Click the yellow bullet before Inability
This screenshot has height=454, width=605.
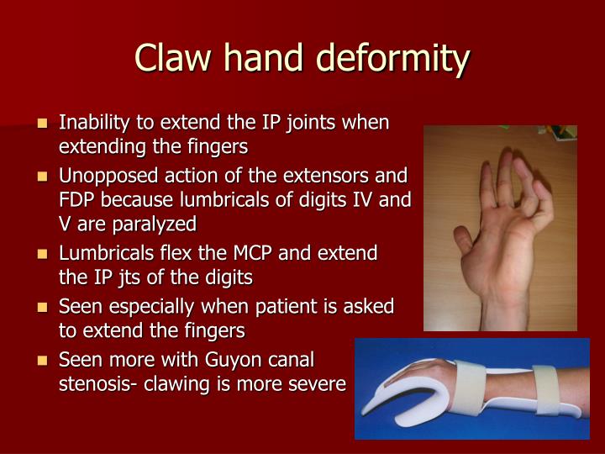click(x=43, y=124)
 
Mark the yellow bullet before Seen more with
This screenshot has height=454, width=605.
click(x=43, y=361)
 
